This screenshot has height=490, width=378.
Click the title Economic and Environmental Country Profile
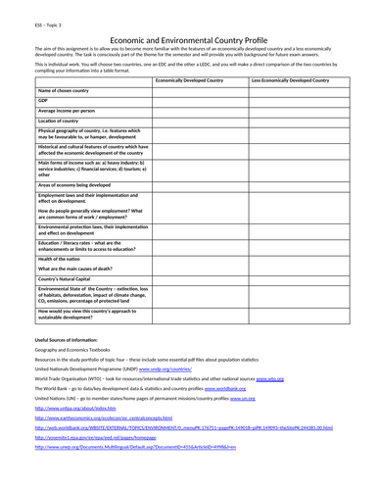pos(189,32)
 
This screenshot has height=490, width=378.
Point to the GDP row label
pos(43,100)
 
